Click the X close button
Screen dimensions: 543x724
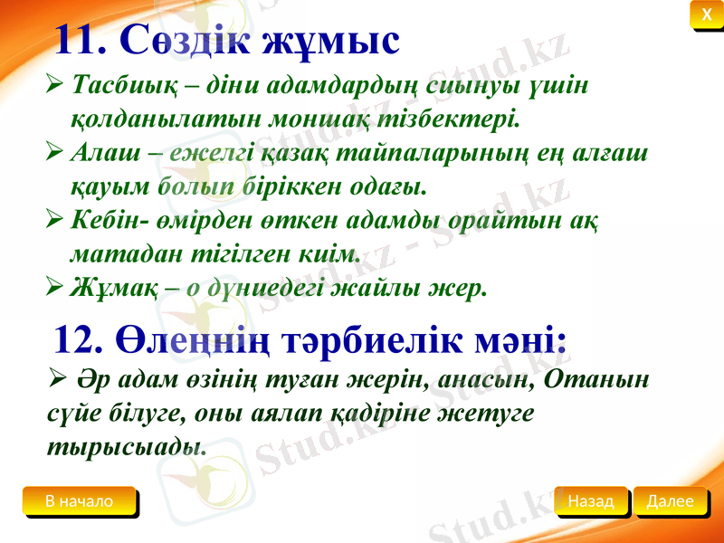706,14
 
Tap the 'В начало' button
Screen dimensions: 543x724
80,501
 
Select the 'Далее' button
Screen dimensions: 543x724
671,500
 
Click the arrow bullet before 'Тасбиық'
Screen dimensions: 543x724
54,85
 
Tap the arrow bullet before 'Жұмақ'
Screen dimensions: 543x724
54,289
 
